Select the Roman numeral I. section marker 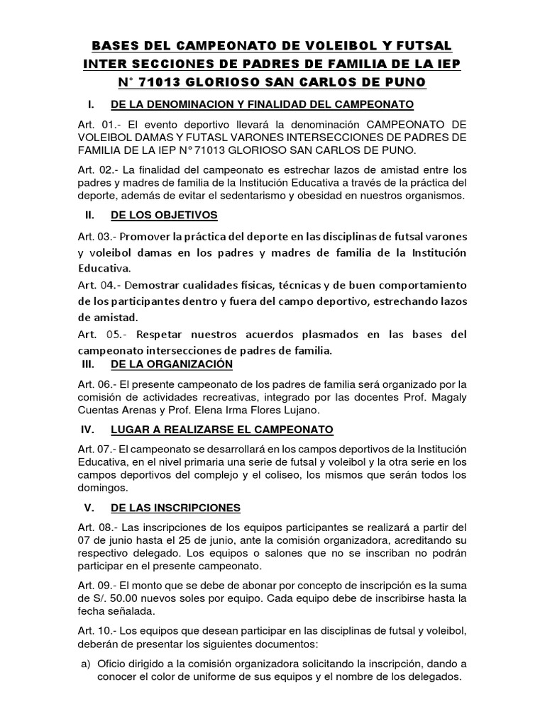coord(90,105)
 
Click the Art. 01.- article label coord(100,125)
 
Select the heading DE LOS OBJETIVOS coord(165,216)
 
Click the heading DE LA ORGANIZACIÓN coord(172,364)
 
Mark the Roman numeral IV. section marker coord(89,430)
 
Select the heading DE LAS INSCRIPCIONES coord(176,508)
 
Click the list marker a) coord(84,664)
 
